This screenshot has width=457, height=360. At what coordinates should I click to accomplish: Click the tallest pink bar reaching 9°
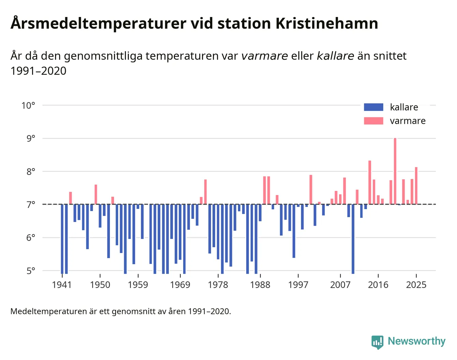point(395,170)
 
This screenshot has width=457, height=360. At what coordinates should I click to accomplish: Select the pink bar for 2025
point(416,186)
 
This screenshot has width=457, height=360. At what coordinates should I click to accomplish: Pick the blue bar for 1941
point(62,239)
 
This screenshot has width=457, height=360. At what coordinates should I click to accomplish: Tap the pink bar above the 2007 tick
point(340,199)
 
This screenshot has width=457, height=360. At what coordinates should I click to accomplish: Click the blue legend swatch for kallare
point(373,107)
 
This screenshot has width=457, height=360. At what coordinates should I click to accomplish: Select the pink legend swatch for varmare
point(373,121)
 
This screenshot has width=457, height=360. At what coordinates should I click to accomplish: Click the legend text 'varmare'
point(408,121)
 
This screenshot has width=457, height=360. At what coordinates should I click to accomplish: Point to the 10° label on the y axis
point(28,105)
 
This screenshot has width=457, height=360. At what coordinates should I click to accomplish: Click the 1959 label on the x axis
point(138,285)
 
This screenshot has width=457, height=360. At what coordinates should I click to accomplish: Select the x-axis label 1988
point(260,285)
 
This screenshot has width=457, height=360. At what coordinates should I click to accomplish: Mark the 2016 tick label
point(378,285)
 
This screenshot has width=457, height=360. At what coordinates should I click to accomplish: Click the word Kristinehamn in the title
point(326,24)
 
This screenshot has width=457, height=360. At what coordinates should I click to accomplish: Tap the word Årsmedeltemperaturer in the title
point(98,24)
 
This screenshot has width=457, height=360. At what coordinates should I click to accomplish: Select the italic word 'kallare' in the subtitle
point(335,56)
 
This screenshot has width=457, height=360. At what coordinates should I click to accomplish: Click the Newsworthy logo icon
point(377,342)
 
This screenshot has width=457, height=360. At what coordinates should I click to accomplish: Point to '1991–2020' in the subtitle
point(38,71)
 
